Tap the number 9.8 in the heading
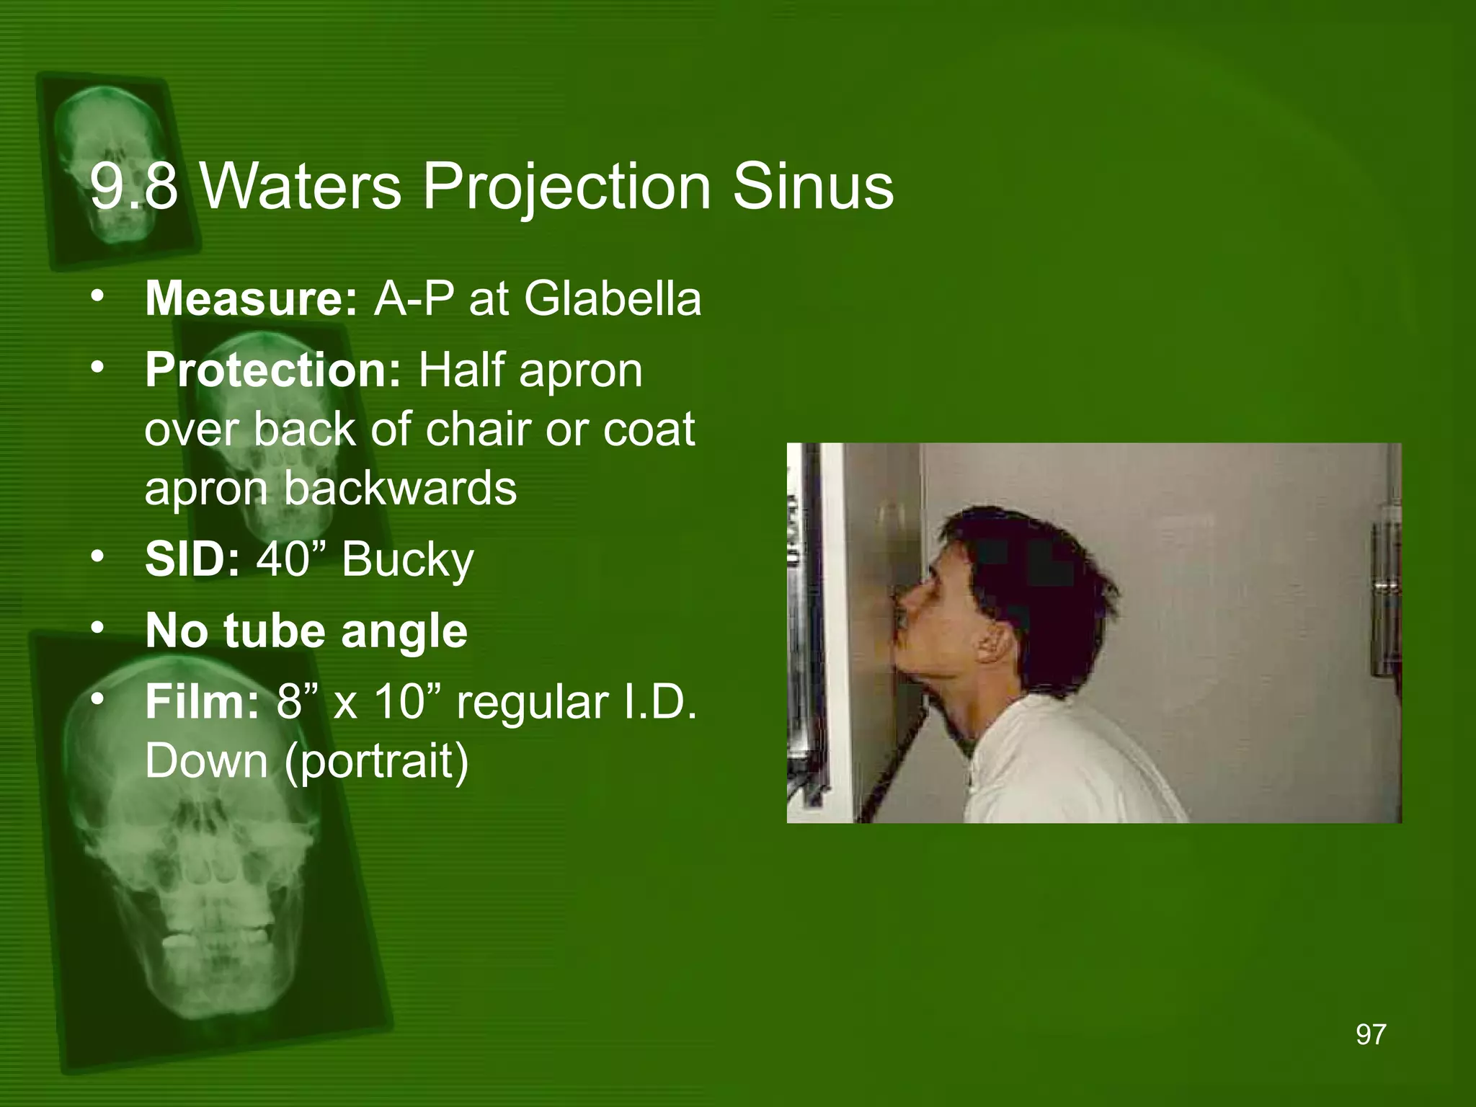point(133,187)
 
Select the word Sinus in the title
point(813,187)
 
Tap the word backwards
point(400,488)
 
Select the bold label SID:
point(192,559)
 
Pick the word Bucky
point(407,561)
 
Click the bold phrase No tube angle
point(306,631)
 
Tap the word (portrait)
point(376,762)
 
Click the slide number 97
point(1370,1034)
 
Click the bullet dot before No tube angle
point(97,628)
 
